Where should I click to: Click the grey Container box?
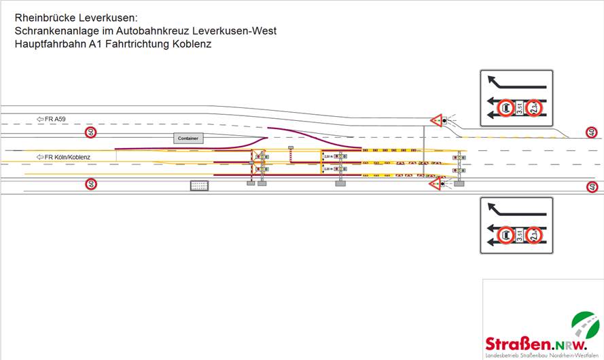(188, 138)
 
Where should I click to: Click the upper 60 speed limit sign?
(90, 131)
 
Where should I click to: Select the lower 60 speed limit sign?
(90, 184)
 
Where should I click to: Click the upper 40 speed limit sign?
(592, 132)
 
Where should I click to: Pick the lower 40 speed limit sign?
(592, 187)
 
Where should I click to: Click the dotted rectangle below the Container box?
(199, 185)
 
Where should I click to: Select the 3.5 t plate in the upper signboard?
(520, 109)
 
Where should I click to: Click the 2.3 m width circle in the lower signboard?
(535, 236)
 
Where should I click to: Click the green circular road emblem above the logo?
(585, 324)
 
